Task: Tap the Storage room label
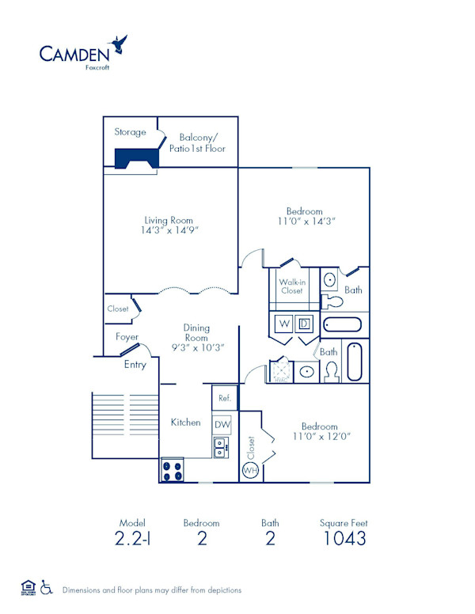[x=130, y=132]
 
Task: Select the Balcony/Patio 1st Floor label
[x=197, y=142]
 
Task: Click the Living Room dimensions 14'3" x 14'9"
[x=169, y=230]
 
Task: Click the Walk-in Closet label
[x=291, y=286]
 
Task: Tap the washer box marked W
[x=283, y=324]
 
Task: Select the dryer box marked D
[x=304, y=324]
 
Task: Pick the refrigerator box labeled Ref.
[x=224, y=398]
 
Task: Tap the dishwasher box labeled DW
[x=222, y=423]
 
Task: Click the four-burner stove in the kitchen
[x=172, y=471]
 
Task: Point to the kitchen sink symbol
[x=221, y=447]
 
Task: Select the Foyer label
[x=127, y=336]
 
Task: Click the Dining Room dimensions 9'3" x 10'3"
[x=197, y=347]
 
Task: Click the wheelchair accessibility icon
[x=46, y=588]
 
